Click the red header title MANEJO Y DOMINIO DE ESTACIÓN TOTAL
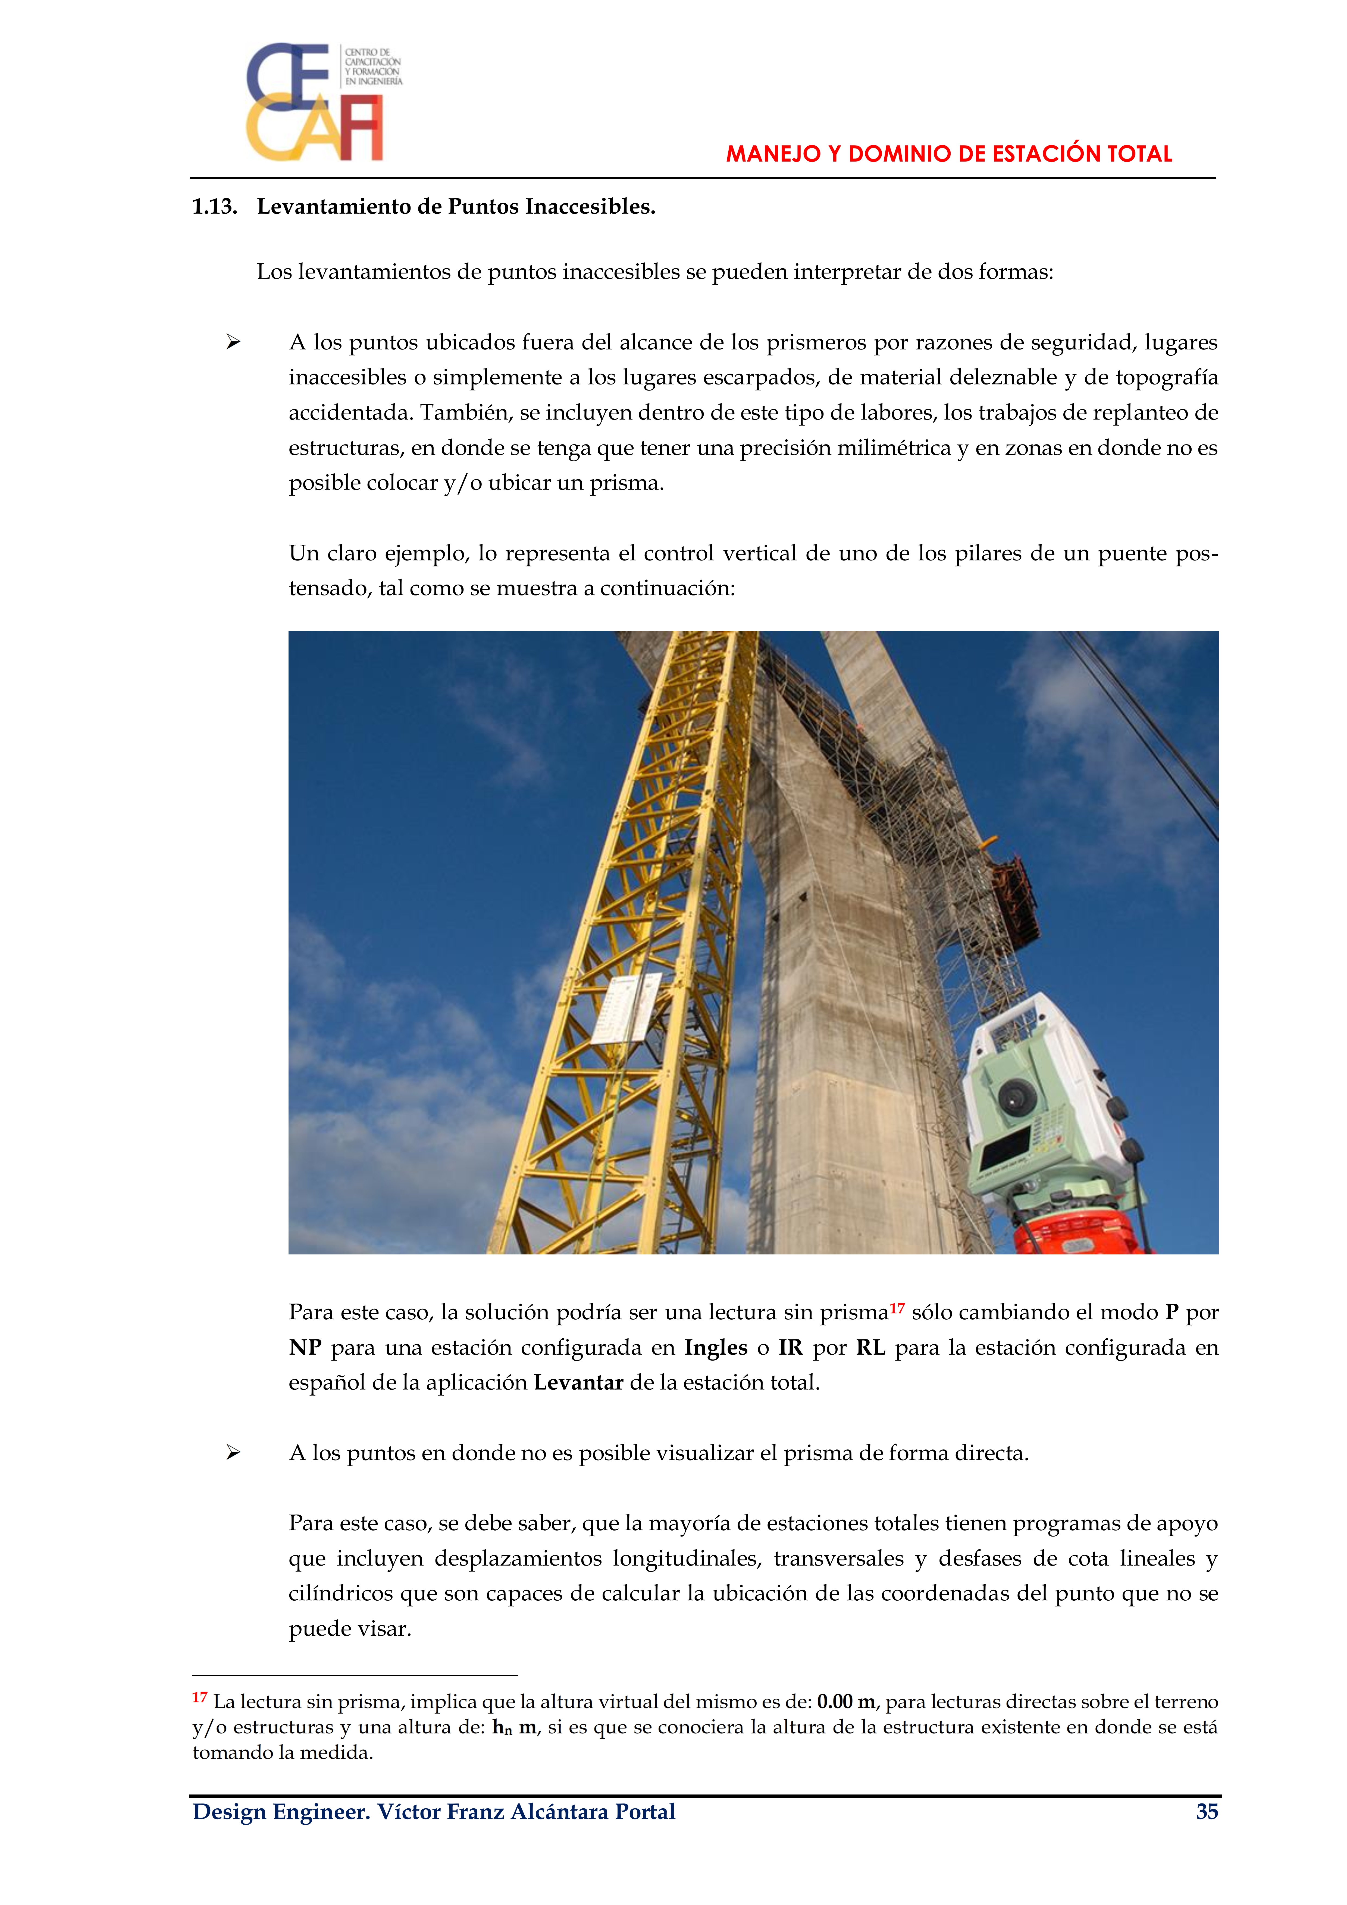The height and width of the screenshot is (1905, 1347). pyautogui.click(x=949, y=154)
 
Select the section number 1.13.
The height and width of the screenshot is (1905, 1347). pyautogui.click(x=214, y=207)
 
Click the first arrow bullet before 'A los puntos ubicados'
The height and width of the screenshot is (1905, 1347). pyautogui.click(x=233, y=342)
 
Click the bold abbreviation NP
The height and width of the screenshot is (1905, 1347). pyautogui.click(x=305, y=1348)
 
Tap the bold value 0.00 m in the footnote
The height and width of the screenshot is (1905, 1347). pyautogui.click(x=846, y=1702)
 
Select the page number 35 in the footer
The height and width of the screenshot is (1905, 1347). pyautogui.click(x=1207, y=1811)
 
